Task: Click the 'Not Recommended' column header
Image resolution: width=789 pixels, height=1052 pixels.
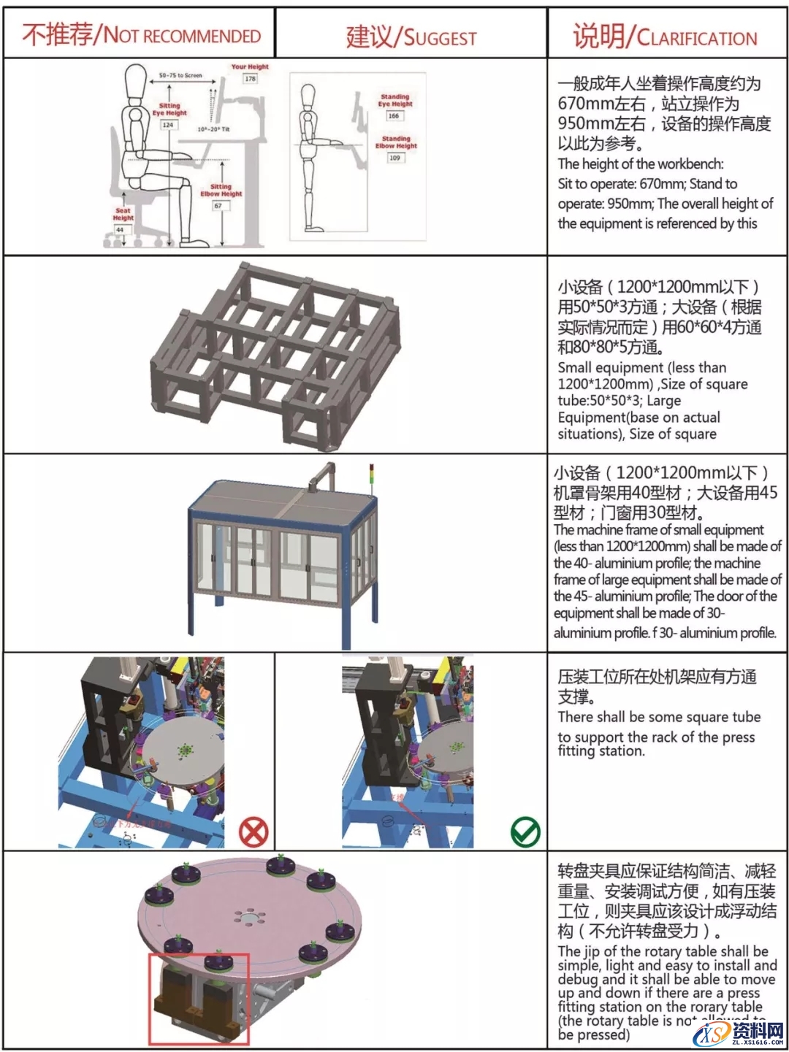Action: coord(140,34)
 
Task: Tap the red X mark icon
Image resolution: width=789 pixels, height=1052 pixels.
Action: coord(254,832)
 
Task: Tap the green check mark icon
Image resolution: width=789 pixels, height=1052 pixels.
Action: coord(525,832)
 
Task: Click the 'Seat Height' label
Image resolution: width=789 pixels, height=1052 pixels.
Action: coord(123,214)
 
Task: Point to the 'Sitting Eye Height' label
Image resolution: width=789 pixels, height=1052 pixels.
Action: coord(169,110)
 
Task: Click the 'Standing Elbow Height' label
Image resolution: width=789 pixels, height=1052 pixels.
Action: coord(395,142)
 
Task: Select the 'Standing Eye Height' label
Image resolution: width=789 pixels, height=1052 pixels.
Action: coord(394,100)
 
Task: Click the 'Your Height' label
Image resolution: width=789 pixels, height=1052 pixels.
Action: coord(250,67)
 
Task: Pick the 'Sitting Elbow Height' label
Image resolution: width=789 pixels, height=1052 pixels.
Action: coord(221,191)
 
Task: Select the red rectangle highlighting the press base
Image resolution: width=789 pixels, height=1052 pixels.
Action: coord(199,999)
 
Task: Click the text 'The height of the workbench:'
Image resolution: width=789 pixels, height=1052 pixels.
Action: coord(641,164)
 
